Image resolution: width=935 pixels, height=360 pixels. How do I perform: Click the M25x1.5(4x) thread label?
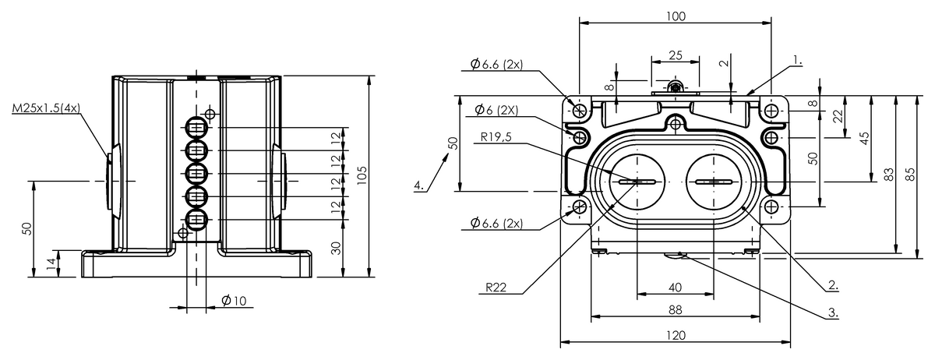pyautogui.click(x=46, y=108)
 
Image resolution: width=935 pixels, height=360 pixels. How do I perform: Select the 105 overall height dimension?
pyautogui.click(x=362, y=175)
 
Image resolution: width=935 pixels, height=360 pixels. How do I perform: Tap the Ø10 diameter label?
pyautogui.click(x=234, y=300)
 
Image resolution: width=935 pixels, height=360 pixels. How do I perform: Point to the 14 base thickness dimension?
pyautogui.click(x=51, y=263)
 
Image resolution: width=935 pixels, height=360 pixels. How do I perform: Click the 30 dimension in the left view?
pyautogui.click(x=337, y=248)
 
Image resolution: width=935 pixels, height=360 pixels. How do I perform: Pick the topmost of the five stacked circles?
pyautogui.click(x=196, y=127)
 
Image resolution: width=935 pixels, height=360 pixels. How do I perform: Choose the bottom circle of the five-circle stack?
pyautogui.click(x=196, y=219)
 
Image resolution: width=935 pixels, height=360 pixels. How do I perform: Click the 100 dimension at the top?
pyautogui.click(x=676, y=16)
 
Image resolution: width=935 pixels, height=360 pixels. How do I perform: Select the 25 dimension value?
pyautogui.click(x=676, y=55)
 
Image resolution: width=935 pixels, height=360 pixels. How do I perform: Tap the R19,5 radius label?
pyautogui.click(x=496, y=136)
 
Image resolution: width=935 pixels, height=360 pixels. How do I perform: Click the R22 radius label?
pyautogui.click(x=496, y=288)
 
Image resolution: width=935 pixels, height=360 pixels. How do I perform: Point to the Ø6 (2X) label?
pyautogui.click(x=497, y=110)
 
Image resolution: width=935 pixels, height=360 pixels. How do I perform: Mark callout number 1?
pyautogui.click(x=797, y=60)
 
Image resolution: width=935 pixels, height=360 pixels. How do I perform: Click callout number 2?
pyautogui.click(x=833, y=285)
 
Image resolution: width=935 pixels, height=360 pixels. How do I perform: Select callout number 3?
pyautogui.click(x=833, y=312)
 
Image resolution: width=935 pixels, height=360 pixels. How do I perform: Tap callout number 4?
pyautogui.click(x=419, y=185)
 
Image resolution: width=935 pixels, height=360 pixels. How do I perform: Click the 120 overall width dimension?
pyautogui.click(x=676, y=335)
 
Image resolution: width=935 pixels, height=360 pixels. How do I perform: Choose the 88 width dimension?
pyautogui.click(x=676, y=310)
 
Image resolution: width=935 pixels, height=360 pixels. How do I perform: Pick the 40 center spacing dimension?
pyautogui.click(x=676, y=288)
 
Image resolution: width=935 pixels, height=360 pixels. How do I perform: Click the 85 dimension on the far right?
pyautogui.click(x=910, y=174)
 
